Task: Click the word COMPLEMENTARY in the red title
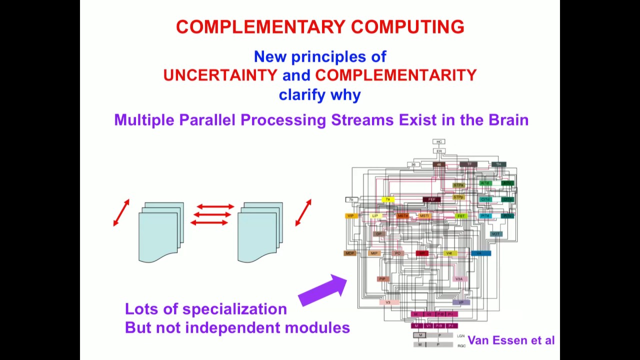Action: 260,27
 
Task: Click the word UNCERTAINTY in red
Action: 220,75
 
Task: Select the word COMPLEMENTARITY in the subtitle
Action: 395,75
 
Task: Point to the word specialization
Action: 234,309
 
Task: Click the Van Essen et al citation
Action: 510,340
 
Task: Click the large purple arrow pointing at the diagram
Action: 323,290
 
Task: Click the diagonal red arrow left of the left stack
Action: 121,212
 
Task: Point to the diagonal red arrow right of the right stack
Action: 303,212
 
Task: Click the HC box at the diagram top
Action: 439,142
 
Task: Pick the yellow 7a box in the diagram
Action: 387,200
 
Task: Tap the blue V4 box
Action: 480,253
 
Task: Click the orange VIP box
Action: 350,216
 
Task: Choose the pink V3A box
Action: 459,279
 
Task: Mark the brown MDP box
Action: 349,253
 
